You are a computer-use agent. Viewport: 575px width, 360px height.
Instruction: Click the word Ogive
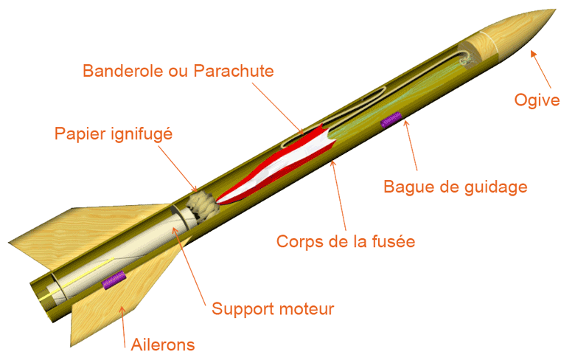(x=537, y=100)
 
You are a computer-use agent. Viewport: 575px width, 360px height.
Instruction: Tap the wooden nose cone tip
(x=555, y=10)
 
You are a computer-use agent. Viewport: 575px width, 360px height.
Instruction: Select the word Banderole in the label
(x=124, y=71)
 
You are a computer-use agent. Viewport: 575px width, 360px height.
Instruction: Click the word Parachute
(x=234, y=71)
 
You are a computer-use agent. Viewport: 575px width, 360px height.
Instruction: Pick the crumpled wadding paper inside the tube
(x=203, y=207)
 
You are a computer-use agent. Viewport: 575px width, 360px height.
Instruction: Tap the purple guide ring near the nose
(x=391, y=120)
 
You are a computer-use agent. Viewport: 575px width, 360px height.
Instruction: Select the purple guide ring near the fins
(x=114, y=280)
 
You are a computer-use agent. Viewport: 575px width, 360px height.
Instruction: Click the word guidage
(x=496, y=187)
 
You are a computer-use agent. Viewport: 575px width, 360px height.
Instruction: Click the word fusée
(x=394, y=241)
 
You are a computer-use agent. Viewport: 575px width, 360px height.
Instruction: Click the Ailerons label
(x=163, y=345)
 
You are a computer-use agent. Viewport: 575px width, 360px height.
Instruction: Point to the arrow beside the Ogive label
(x=541, y=69)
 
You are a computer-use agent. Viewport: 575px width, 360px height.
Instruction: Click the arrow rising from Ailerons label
(x=123, y=327)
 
